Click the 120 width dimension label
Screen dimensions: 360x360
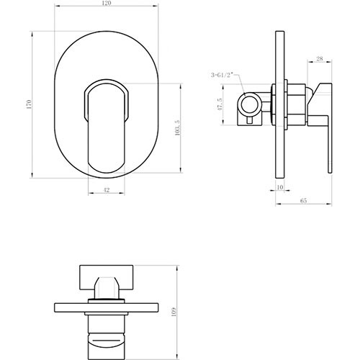107,3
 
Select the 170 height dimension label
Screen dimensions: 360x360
29,104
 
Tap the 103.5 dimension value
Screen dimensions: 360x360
178,127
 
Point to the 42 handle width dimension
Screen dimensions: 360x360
107,190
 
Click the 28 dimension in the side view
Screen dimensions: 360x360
320,58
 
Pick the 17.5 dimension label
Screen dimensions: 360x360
220,104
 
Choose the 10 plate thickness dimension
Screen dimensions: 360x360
280,187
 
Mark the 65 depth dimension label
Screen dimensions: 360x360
304,200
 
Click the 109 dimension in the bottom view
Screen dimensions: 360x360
174,312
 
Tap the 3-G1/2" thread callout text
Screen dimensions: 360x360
222,75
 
